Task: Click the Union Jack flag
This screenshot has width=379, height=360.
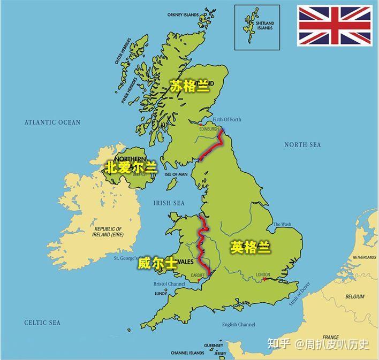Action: point(335,25)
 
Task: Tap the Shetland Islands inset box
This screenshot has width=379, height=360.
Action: point(257,27)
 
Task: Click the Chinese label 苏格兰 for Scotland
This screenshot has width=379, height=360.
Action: point(190,86)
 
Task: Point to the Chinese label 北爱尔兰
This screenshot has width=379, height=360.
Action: point(131,167)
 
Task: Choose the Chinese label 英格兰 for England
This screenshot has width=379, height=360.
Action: point(251,247)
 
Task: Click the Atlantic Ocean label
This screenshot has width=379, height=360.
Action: point(52,122)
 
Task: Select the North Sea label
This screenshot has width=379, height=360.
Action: point(302,145)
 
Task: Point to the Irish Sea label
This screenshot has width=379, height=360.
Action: point(169,203)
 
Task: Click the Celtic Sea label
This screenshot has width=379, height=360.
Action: point(42,323)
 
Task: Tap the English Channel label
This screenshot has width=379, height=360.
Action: point(239,324)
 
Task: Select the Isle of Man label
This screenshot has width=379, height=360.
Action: point(176,174)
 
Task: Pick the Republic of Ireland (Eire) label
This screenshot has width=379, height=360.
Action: point(107,231)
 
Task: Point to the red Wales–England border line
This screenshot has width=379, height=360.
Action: point(202,244)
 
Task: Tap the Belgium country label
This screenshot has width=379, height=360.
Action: point(354,296)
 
